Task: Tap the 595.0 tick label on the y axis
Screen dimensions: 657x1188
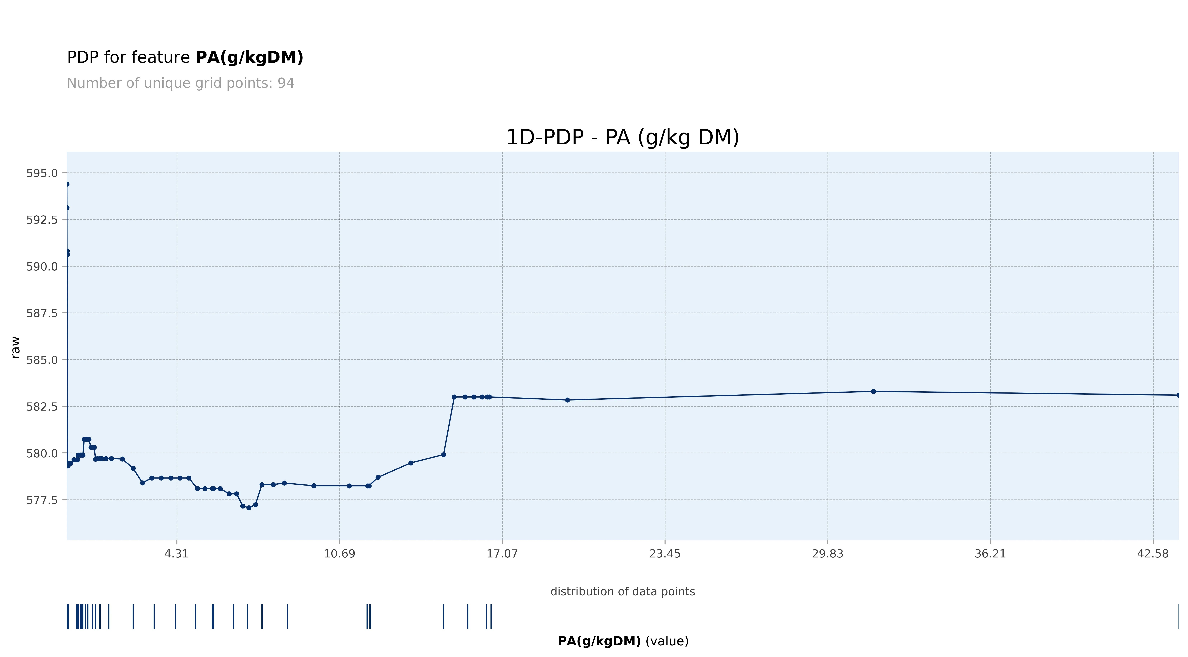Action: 42,173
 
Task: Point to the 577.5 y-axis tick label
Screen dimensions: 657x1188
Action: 42,500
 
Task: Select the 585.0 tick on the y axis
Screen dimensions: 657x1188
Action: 42,360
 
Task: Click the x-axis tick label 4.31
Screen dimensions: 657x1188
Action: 177,554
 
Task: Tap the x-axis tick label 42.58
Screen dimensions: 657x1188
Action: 1152,554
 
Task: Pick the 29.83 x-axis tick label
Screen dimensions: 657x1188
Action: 827,554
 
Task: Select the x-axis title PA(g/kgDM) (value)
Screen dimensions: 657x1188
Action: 623,641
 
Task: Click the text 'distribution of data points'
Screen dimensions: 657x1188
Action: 623,592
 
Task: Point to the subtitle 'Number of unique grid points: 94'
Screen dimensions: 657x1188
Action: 180,83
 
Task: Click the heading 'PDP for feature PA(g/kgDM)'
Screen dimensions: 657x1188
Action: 185,58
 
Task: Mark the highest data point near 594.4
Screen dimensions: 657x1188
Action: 67,184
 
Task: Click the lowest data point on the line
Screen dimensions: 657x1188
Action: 249,508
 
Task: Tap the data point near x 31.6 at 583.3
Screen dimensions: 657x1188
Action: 873,391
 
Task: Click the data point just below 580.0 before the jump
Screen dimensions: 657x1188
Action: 443,455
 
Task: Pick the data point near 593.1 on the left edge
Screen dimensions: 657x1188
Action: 67,208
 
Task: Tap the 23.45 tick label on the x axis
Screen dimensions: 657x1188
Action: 665,554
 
